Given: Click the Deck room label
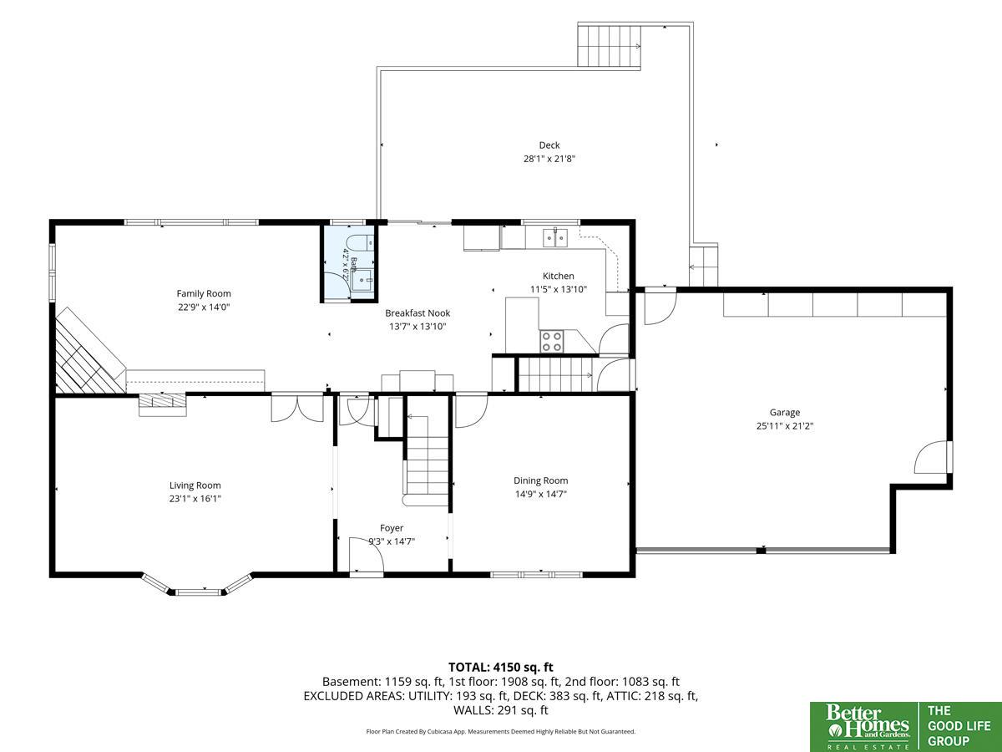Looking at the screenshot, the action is tap(549, 145).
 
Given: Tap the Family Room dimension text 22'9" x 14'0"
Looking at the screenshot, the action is tap(204, 307).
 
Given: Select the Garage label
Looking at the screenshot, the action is tap(785, 412).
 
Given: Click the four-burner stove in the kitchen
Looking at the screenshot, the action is tap(551, 342).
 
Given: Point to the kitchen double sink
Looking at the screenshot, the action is tap(555, 238).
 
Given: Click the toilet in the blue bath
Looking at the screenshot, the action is tap(359, 243).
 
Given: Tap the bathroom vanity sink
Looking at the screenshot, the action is tap(363, 280).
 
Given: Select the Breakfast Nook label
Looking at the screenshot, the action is tap(417, 313).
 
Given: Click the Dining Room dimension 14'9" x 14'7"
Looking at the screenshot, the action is tap(541, 494).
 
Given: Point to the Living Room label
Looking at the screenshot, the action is tap(195, 485).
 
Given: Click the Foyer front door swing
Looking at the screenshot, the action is tap(366, 554).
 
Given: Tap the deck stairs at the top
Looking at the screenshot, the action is tap(609, 46).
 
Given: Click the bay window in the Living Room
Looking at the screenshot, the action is tap(198, 585).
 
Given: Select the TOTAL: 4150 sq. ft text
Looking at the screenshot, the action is tap(501, 667).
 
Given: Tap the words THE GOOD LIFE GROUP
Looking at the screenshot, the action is tap(959, 726).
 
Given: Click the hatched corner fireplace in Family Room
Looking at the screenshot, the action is tap(87, 356).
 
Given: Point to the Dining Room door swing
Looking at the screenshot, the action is tap(472, 411).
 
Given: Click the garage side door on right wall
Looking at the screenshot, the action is tap(934, 457).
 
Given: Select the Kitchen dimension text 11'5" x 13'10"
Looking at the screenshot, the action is tap(559, 289).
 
